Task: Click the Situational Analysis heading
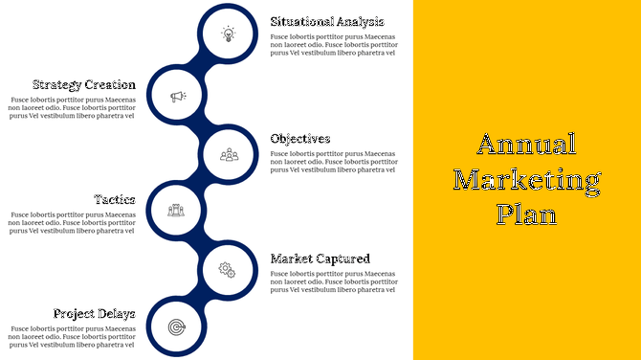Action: pyautogui.click(x=326, y=22)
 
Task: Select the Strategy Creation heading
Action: pyautogui.click(x=83, y=84)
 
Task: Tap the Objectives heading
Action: pyautogui.click(x=300, y=139)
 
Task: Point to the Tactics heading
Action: pyautogui.click(x=114, y=199)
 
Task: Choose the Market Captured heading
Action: pyautogui.click(x=320, y=259)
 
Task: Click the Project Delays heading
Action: pyautogui.click(x=94, y=313)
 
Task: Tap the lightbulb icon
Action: pyautogui.click(x=228, y=34)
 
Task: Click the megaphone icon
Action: pyautogui.click(x=177, y=96)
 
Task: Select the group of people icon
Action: pyautogui.click(x=228, y=153)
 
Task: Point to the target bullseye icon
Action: pyautogui.click(x=177, y=327)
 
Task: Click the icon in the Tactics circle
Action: pyautogui.click(x=177, y=211)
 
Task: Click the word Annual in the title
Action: pyautogui.click(x=526, y=144)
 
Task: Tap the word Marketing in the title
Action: pyautogui.click(x=526, y=179)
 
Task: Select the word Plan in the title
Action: pyautogui.click(x=526, y=214)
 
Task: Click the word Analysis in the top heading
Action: pyautogui.click(x=357, y=22)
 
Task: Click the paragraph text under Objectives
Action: pyautogui.click(x=332, y=162)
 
